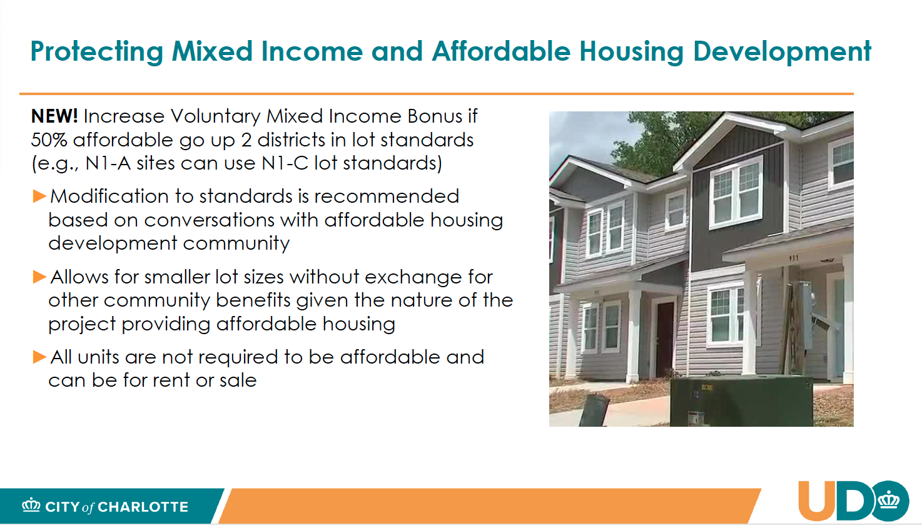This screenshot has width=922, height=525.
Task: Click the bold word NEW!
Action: [x=54, y=116]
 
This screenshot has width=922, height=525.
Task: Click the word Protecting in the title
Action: [x=97, y=52]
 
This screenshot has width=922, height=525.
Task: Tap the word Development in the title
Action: [x=782, y=52]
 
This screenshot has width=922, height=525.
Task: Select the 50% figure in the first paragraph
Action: [x=49, y=140]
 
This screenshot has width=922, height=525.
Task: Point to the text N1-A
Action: [x=108, y=163]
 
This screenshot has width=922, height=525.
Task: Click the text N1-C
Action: [x=285, y=163]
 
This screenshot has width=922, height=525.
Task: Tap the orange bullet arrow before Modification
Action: [x=39, y=196]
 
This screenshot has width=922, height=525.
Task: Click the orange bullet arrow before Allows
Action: [x=39, y=277]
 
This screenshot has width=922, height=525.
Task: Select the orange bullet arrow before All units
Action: [x=39, y=357]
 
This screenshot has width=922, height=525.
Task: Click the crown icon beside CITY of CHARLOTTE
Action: [x=31, y=505]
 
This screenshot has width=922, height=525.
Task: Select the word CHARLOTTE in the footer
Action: [x=143, y=507]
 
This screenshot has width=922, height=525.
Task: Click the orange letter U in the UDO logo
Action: [x=817, y=501]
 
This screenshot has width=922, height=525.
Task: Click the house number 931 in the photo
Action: [x=794, y=258]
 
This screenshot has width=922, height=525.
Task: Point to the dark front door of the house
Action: [x=665, y=339]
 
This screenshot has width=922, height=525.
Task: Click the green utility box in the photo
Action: [x=741, y=401]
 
